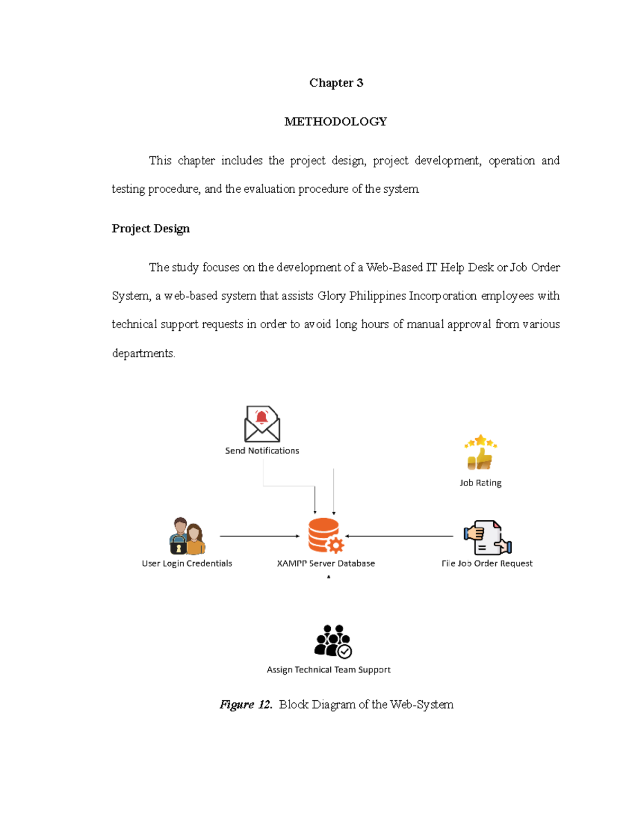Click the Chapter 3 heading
coord(336,83)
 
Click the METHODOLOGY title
coord(335,122)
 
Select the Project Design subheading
coord(150,229)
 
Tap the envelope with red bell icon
coord(262,424)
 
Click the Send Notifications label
coord(262,451)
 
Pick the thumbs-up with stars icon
coord(480,453)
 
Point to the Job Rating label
coord(480,483)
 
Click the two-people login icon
coord(187,536)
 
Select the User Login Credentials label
coord(187,564)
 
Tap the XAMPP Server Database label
coord(325,564)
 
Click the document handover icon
coord(487,537)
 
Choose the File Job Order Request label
coord(487,564)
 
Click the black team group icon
coord(332,642)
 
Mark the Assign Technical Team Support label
coord(329,670)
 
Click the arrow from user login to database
coord(259,536)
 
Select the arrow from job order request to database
coord(400,536)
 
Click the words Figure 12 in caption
coord(246,705)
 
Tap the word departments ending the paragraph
coord(143,354)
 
